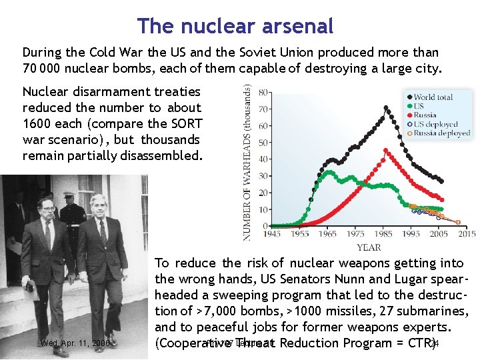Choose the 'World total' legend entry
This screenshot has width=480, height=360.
coord(433,97)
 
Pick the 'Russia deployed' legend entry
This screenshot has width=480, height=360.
coord(441,133)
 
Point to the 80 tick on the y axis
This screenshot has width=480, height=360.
coord(264,92)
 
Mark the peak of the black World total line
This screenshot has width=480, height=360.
coord(386,107)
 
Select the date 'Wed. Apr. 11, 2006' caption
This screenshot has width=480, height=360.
coord(75,343)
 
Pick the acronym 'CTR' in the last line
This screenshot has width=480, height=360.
coord(417,343)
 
